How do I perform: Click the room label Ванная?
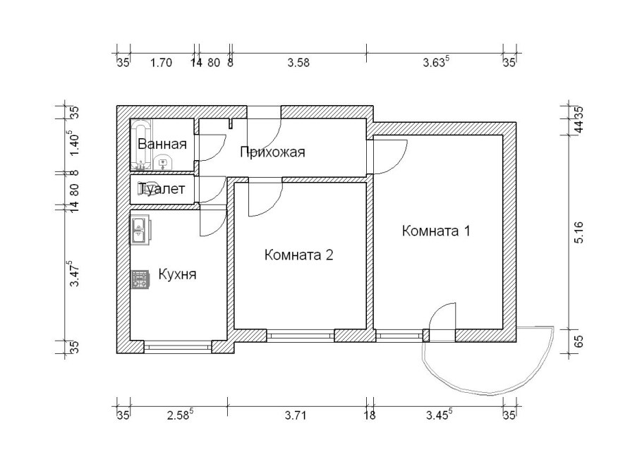click(x=162, y=144)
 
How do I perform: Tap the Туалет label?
click(x=162, y=189)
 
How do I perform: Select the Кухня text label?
click(x=177, y=274)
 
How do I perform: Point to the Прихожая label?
click(x=272, y=152)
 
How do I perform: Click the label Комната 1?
click(x=436, y=231)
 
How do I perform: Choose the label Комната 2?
click(x=299, y=255)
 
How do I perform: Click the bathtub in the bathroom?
click(x=141, y=145)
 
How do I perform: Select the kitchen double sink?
click(x=140, y=231)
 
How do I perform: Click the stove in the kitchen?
click(x=140, y=279)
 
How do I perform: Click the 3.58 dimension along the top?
click(x=298, y=63)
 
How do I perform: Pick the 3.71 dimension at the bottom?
click(x=295, y=416)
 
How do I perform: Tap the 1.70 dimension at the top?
click(x=161, y=63)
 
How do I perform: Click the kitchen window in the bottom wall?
click(x=178, y=347)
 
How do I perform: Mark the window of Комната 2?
click(x=301, y=336)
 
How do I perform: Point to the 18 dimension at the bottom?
click(x=370, y=416)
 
